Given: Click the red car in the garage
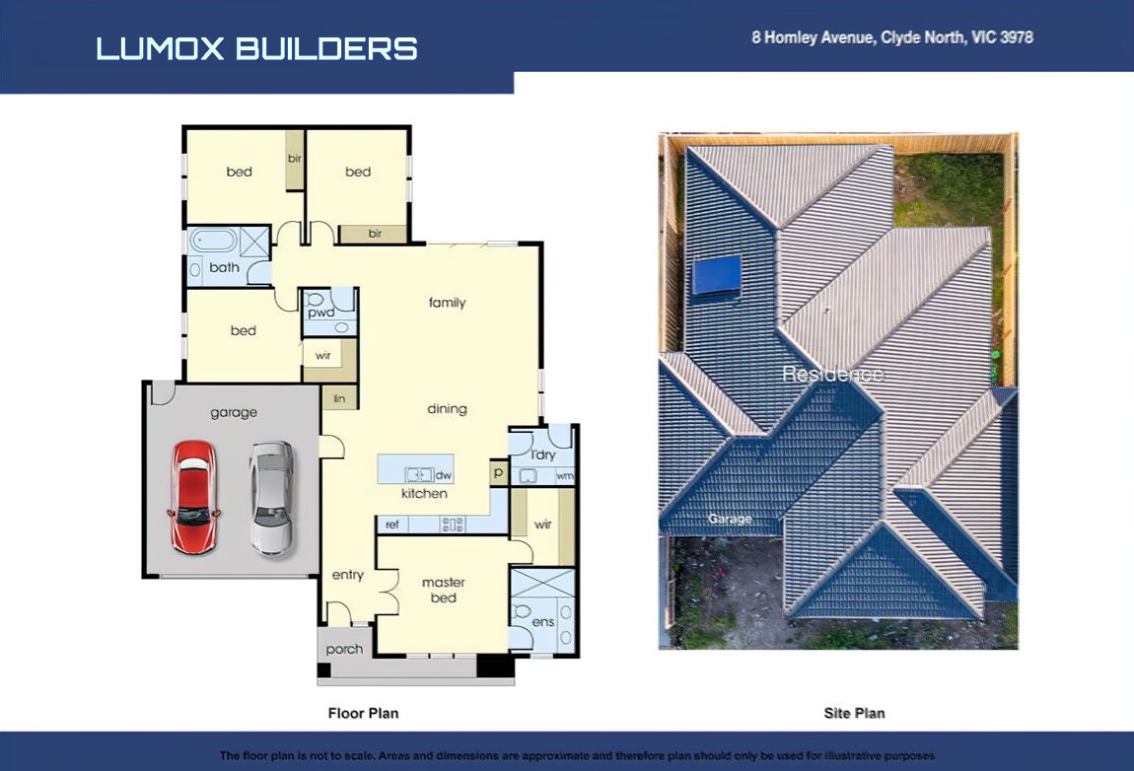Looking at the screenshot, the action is point(194,497).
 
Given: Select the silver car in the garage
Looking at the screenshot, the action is point(272,498).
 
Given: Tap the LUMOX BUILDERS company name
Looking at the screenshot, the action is point(256,49).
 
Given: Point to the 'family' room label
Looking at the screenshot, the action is point(447,303).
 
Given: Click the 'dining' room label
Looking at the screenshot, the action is point(447,408).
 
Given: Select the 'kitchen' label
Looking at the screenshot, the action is point(425,493).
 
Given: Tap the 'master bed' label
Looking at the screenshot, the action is point(444,590).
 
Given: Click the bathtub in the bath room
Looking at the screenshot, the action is point(213,241).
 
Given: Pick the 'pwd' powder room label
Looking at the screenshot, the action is point(321,313).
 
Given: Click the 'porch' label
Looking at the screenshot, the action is point(344,650).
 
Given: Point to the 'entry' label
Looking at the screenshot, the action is point(348,574).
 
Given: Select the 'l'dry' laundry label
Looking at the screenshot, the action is point(543,455).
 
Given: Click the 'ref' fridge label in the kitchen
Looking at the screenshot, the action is point(392,525).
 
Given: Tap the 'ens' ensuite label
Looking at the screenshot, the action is point(543,622).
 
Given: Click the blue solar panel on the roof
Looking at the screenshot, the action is point(718,275).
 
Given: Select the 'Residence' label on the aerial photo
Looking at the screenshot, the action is point(832,374).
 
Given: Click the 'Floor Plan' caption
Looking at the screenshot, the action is point(363,713).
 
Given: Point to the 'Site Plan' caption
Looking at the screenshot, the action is point(854,713).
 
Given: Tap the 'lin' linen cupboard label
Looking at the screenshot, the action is point(339,398).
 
